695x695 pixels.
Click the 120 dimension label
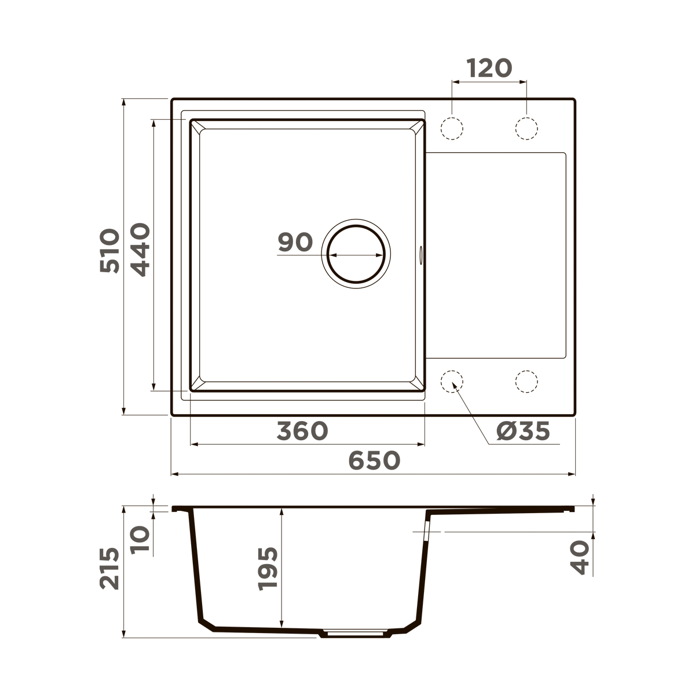coord(489,68)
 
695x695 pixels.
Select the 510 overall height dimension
coord(109,251)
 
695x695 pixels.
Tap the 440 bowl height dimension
coord(140,250)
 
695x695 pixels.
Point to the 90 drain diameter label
coord(295,242)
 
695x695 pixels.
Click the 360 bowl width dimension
coord(302,431)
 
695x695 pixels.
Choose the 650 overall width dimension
coord(374,460)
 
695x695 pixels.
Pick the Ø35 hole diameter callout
coord(523,431)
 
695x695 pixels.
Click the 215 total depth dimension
coord(109,569)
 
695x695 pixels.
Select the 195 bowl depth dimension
coord(268,568)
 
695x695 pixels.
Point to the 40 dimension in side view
coord(580,557)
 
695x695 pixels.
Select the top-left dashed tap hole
coord(452,128)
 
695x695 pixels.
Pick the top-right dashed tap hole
coord(526,128)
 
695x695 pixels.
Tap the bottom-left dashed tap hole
coord(452,381)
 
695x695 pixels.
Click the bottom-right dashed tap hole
coord(526,381)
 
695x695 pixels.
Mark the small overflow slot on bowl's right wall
coord(421,254)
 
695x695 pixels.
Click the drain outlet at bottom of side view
coord(355,633)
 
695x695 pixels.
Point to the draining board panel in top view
coord(496,255)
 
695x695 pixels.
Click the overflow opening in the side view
coord(427,530)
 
